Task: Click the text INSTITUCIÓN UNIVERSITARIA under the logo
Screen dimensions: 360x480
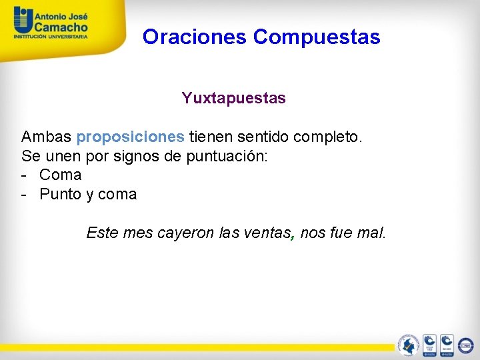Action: coord(51,38)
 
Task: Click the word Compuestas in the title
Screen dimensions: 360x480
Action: coord(317,37)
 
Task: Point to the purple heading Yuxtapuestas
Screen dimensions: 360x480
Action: coord(233,99)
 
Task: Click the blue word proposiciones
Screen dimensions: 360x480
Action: coord(130,137)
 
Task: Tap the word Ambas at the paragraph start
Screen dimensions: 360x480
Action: coord(46,137)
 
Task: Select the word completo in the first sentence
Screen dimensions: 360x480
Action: coord(326,137)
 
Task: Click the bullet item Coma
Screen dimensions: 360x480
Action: coord(60,175)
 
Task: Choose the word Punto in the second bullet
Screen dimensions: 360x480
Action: coord(60,195)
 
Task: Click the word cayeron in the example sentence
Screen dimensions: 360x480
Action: coord(186,233)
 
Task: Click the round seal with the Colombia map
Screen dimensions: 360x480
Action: coord(408,345)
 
